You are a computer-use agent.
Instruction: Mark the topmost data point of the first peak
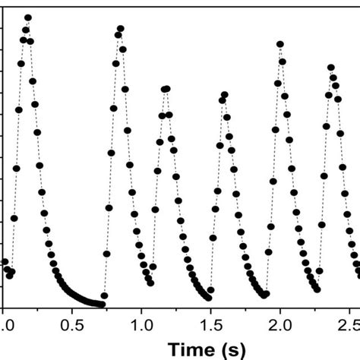pos(28,17)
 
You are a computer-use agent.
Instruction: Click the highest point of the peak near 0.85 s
pos(120,29)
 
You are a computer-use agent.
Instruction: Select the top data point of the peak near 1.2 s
pos(166,89)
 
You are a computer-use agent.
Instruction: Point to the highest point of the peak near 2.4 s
pos(330,68)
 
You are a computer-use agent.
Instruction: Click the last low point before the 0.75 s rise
pos(103,304)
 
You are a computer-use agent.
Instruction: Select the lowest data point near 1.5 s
pos(209,298)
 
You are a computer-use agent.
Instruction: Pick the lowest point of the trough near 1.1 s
pos(153,267)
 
